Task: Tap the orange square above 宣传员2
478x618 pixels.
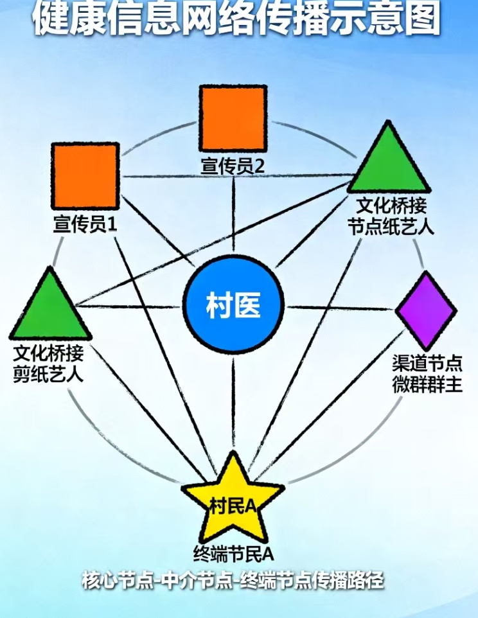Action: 233,119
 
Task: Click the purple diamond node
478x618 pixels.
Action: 426,310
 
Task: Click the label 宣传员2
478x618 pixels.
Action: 233,166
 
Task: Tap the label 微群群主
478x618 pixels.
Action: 427,385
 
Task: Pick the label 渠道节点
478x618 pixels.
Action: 427,364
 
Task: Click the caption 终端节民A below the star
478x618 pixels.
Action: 233,552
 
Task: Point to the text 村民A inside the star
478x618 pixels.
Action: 233,506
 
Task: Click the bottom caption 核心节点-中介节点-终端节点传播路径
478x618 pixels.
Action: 233,581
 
